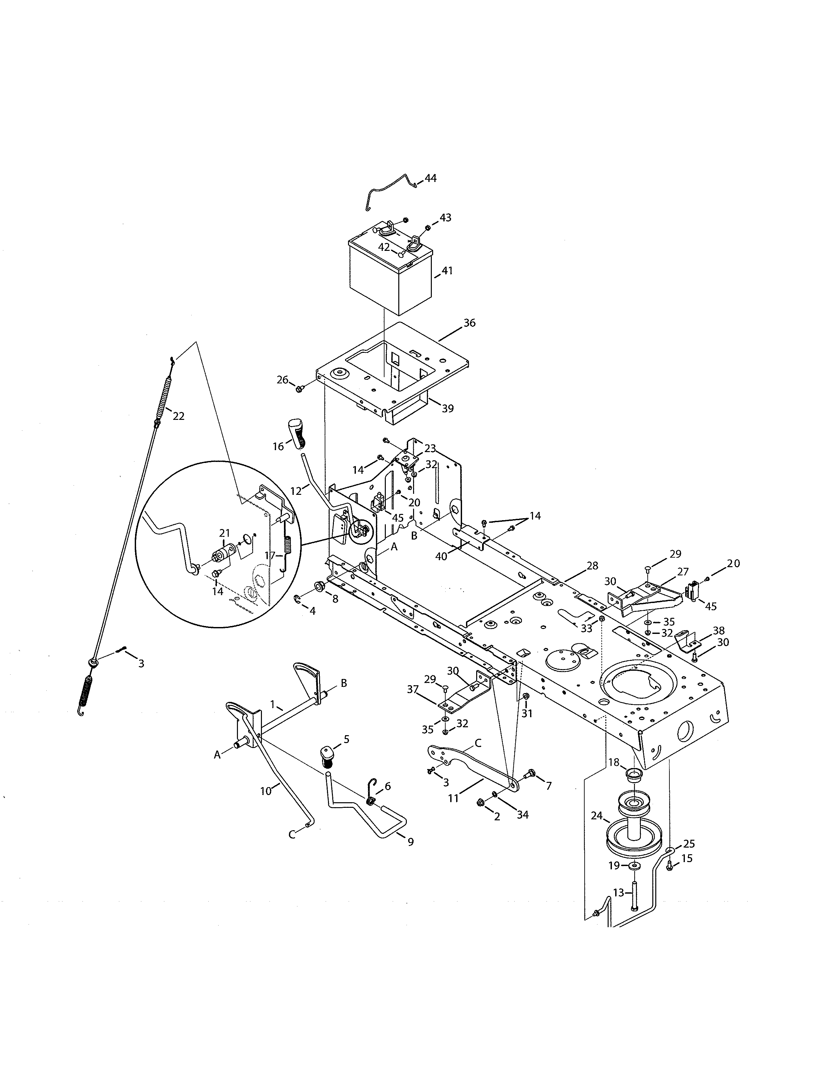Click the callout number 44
coord(431,178)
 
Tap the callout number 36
coord(469,323)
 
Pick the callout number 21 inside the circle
coord(225,533)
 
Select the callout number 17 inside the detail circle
coord(269,555)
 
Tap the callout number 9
coord(410,842)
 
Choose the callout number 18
coord(614,762)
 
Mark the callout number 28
coord(592,566)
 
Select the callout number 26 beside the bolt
coord(283,380)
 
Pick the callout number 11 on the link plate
coord(453,798)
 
